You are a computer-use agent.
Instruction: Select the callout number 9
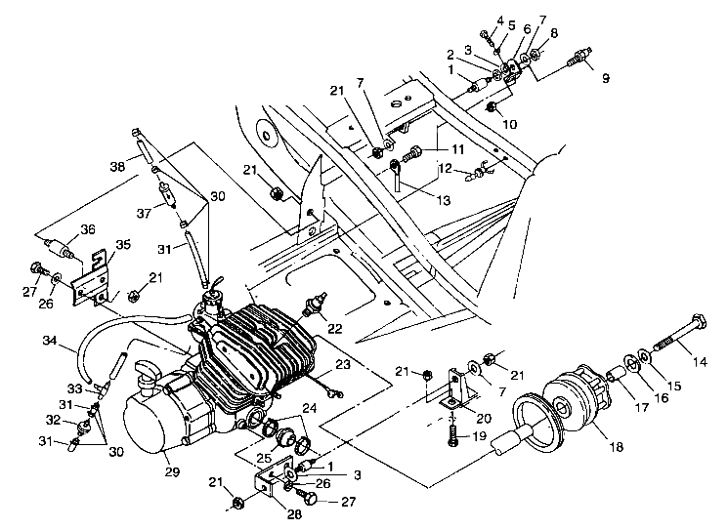pos(605,77)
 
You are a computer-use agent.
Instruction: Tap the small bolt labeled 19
pos(452,435)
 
